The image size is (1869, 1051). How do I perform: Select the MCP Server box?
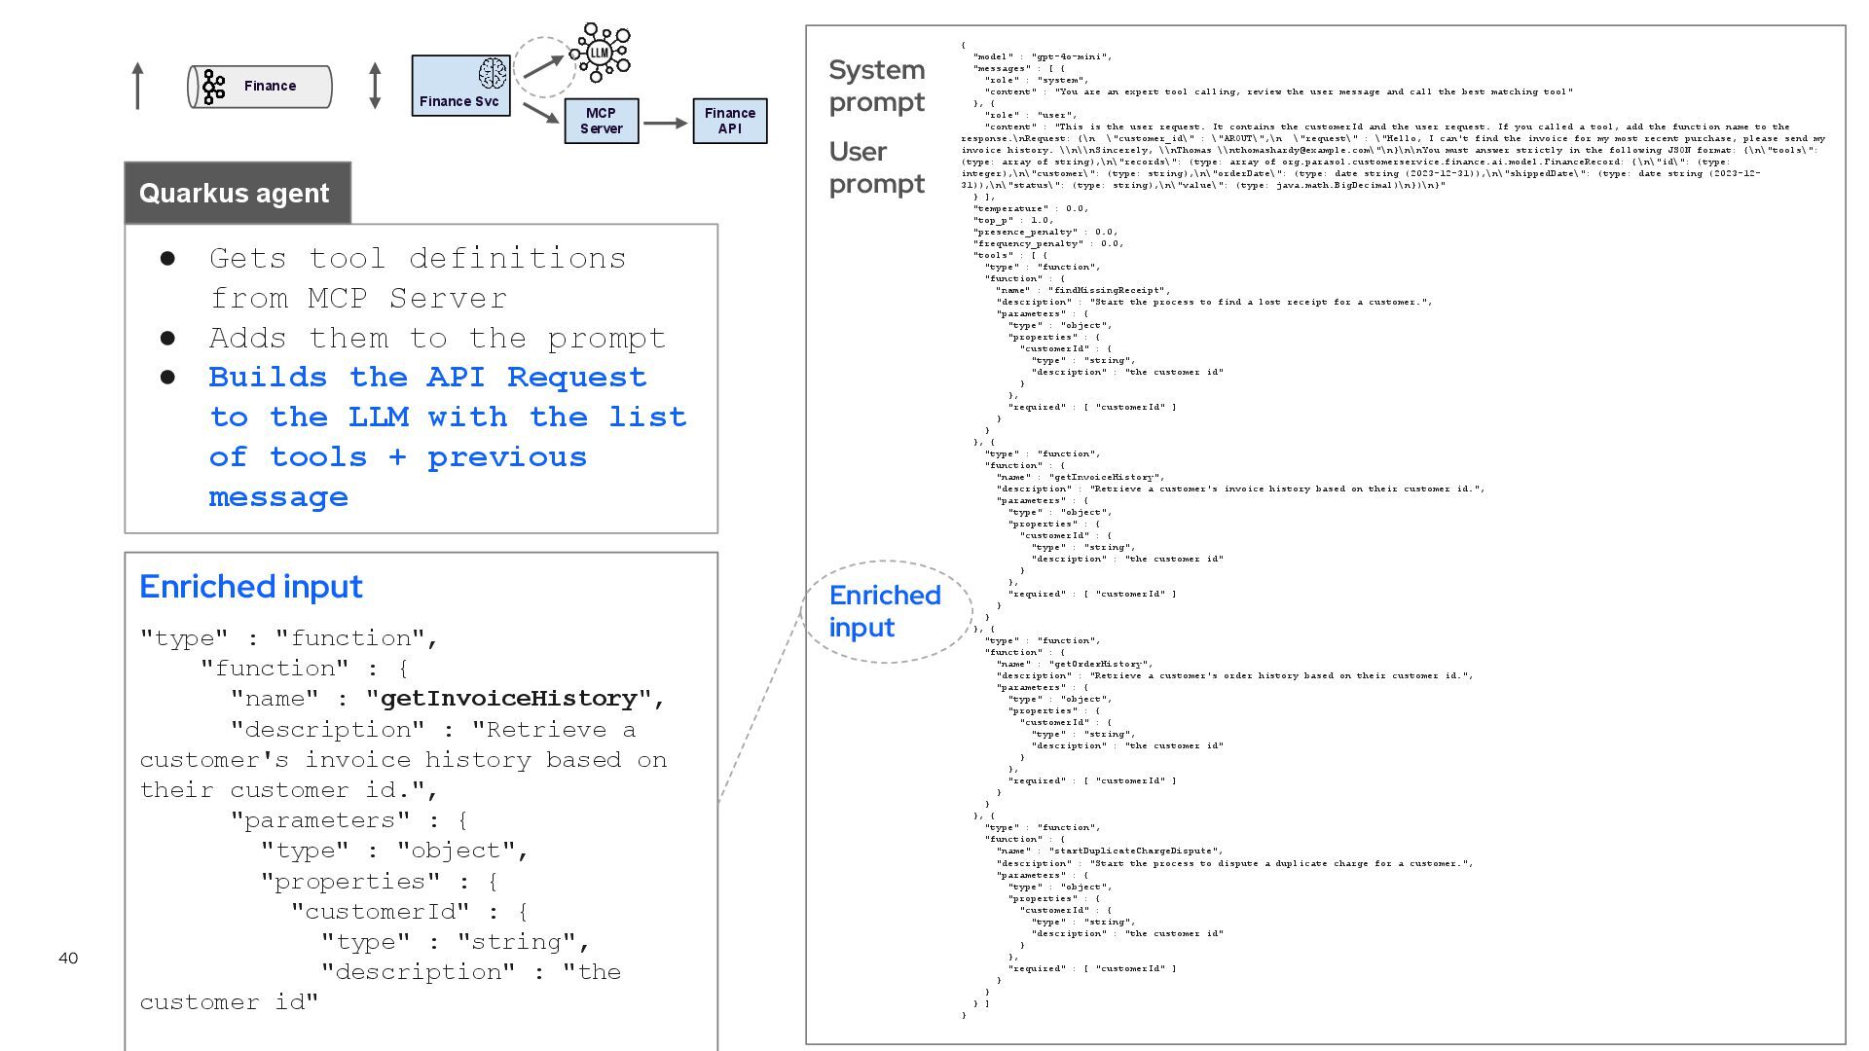[601, 121]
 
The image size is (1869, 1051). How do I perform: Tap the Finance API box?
[729, 121]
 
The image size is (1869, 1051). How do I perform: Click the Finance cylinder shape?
[260, 87]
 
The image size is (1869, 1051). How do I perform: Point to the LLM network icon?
[600, 53]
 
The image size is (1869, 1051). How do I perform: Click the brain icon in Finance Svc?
[492, 73]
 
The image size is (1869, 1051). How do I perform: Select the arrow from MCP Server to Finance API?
[665, 123]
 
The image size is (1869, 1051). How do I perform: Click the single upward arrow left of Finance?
[138, 86]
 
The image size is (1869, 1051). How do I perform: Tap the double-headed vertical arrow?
[375, 86]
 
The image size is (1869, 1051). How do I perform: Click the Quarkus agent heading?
[235, 193]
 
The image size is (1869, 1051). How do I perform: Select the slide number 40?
[68, 959]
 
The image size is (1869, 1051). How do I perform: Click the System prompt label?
[876, 86]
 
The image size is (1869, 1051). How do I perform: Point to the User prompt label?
[876, 167]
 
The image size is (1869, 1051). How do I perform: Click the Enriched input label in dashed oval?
[884, 611]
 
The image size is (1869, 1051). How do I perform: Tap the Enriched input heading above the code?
[250, 587]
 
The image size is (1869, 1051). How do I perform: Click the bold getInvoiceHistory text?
[508, 699]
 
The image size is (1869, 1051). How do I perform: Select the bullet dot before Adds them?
[167, 339]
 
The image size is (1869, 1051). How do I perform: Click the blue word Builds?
[269, 378]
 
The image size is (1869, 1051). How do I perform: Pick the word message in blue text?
[278, 497]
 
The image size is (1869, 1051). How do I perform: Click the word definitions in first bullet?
[517, 259]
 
